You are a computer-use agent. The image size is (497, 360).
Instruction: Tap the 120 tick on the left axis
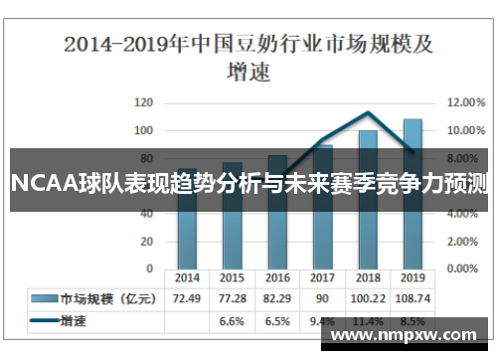144,102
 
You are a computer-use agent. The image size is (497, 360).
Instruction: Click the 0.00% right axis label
462,269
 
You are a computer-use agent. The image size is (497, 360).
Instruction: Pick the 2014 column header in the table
187,278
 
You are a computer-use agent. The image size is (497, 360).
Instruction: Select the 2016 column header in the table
277,278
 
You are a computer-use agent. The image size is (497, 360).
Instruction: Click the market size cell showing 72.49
187,298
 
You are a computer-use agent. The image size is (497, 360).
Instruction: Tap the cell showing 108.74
412,298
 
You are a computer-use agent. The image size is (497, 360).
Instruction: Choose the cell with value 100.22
367,298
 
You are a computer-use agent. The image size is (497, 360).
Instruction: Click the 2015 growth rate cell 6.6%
232,321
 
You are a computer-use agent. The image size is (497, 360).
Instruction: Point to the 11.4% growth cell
367,321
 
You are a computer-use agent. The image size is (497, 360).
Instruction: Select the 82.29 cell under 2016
277,298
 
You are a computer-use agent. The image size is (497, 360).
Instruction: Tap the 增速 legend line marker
44,321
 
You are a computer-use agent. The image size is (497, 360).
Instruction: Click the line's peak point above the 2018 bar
368,113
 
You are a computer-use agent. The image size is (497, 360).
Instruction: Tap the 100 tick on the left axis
144,130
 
